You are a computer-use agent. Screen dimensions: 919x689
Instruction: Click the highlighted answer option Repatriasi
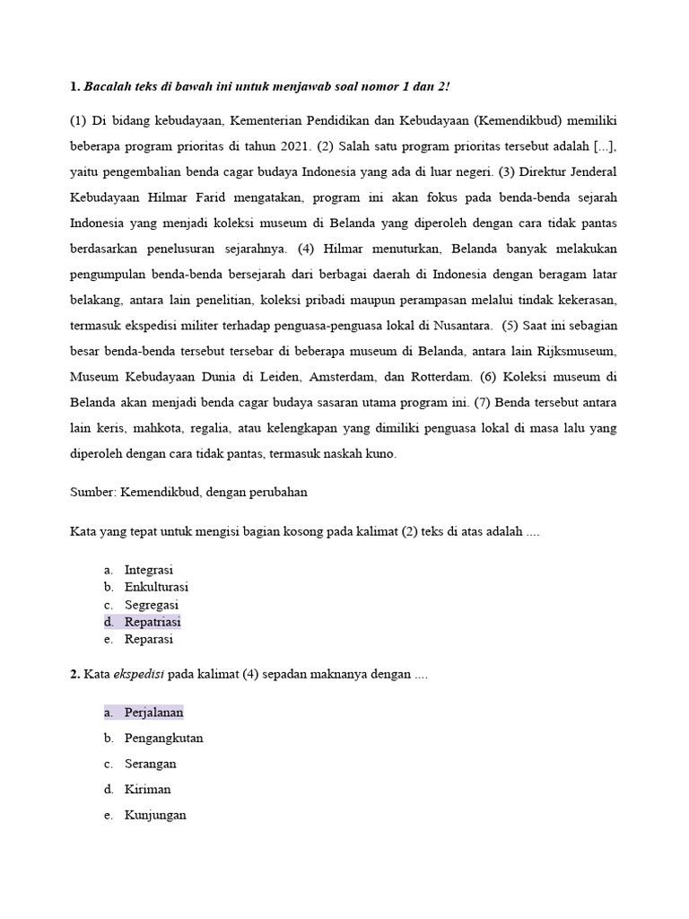(153, 622)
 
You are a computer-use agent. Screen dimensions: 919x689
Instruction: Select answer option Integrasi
(149, 570)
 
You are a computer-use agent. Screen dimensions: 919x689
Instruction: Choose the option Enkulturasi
(156, 587)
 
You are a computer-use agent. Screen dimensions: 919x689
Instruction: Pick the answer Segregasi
(152, 605)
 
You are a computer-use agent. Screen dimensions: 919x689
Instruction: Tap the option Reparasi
(149, 640)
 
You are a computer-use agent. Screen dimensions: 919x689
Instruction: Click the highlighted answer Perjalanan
(153, 712)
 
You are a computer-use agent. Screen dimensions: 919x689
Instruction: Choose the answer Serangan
(150, 764)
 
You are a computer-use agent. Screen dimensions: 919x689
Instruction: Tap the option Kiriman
(147, 789)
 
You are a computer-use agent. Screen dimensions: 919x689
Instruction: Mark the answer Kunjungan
(155, 815)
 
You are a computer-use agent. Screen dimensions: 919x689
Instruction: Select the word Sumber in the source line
(92, 493)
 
